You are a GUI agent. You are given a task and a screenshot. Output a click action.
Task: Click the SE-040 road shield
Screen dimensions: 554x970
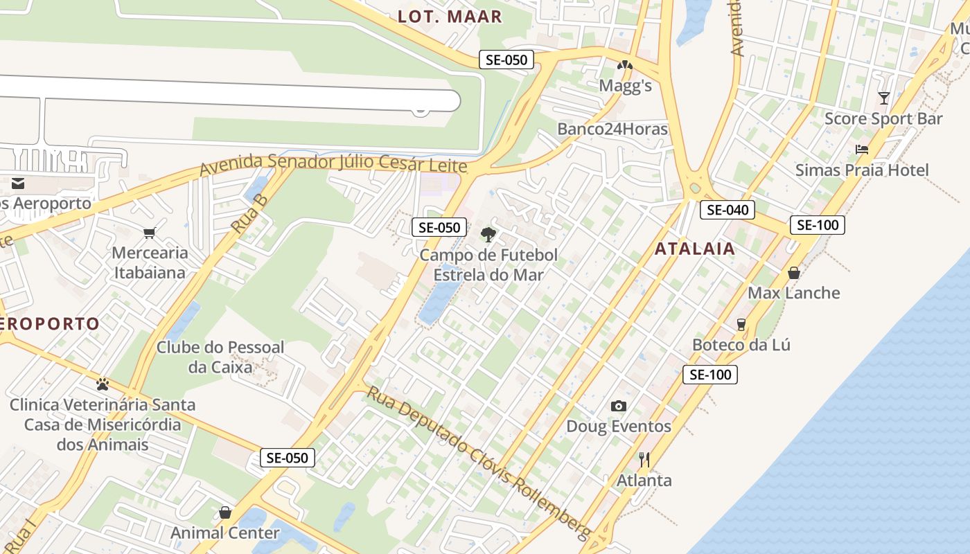coord(726,209)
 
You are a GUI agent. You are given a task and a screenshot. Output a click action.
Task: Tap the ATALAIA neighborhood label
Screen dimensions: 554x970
coord(694,249)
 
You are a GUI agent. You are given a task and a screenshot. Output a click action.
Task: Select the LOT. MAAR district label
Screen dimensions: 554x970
coord(450,17)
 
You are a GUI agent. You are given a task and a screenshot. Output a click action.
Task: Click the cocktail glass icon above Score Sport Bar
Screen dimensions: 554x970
coord(883,98)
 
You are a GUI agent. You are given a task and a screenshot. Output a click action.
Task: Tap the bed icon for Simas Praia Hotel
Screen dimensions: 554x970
coord(862,150)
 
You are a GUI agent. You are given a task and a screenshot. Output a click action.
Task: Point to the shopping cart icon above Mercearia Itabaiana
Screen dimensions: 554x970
coord(149,233)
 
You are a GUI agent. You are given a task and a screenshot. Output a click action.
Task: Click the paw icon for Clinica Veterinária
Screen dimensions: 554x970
coord(103,384)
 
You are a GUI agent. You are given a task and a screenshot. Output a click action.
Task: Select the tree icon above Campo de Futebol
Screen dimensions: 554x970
coord(488,234)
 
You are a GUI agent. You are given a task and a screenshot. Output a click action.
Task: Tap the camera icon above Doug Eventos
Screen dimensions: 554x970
coord(619,406)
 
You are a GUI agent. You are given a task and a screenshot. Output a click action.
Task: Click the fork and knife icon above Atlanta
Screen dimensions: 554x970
coord(644,458)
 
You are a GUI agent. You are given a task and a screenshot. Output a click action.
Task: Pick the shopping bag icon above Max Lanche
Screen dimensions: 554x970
coord(794,273)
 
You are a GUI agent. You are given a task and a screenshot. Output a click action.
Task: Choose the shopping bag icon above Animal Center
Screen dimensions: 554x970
coord(225,512)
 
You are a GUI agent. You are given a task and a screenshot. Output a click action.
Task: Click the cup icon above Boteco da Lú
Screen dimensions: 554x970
coord(741,324)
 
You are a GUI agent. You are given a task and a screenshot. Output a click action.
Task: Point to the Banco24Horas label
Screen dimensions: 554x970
coord(612,129)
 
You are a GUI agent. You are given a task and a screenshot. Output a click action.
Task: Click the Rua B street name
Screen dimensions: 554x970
coord(249,213)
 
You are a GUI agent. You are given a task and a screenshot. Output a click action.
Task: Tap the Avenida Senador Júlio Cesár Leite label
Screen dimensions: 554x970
coord(333,165)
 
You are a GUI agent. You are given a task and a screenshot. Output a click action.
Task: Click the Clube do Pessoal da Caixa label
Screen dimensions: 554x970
coord(220,357)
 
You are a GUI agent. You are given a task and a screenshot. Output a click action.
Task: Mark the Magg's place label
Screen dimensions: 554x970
coord(626,86)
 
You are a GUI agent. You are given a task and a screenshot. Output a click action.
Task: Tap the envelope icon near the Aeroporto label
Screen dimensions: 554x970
coord(17,184)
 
